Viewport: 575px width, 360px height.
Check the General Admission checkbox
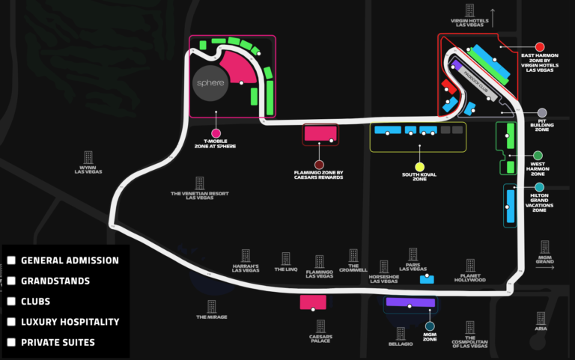click(x=11, y=260)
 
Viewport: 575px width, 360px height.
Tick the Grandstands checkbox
click(x=11, y=281)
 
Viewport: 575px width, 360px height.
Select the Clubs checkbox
click(x=11, y=302)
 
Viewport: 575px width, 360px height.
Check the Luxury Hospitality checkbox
click(x=11, y=322)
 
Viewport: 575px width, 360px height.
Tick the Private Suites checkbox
click(x=11, y=342)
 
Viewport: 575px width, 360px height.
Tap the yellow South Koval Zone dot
click(x=419, y=166)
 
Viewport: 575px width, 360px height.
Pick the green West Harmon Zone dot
click(x=538, y=156)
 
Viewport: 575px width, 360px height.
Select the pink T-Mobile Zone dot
click(x=216, y=133)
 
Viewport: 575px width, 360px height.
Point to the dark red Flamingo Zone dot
click(x=319, y=164)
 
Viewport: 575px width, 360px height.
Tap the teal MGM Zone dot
click(x=430, y=326)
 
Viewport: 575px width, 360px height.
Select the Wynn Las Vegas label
click(x=88, y=169)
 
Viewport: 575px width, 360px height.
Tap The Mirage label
click(x=212, y=317)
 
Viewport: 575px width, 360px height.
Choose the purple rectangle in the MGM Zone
click(x=410, y=302)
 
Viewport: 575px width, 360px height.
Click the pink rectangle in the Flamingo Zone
click(x=320, y=134)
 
